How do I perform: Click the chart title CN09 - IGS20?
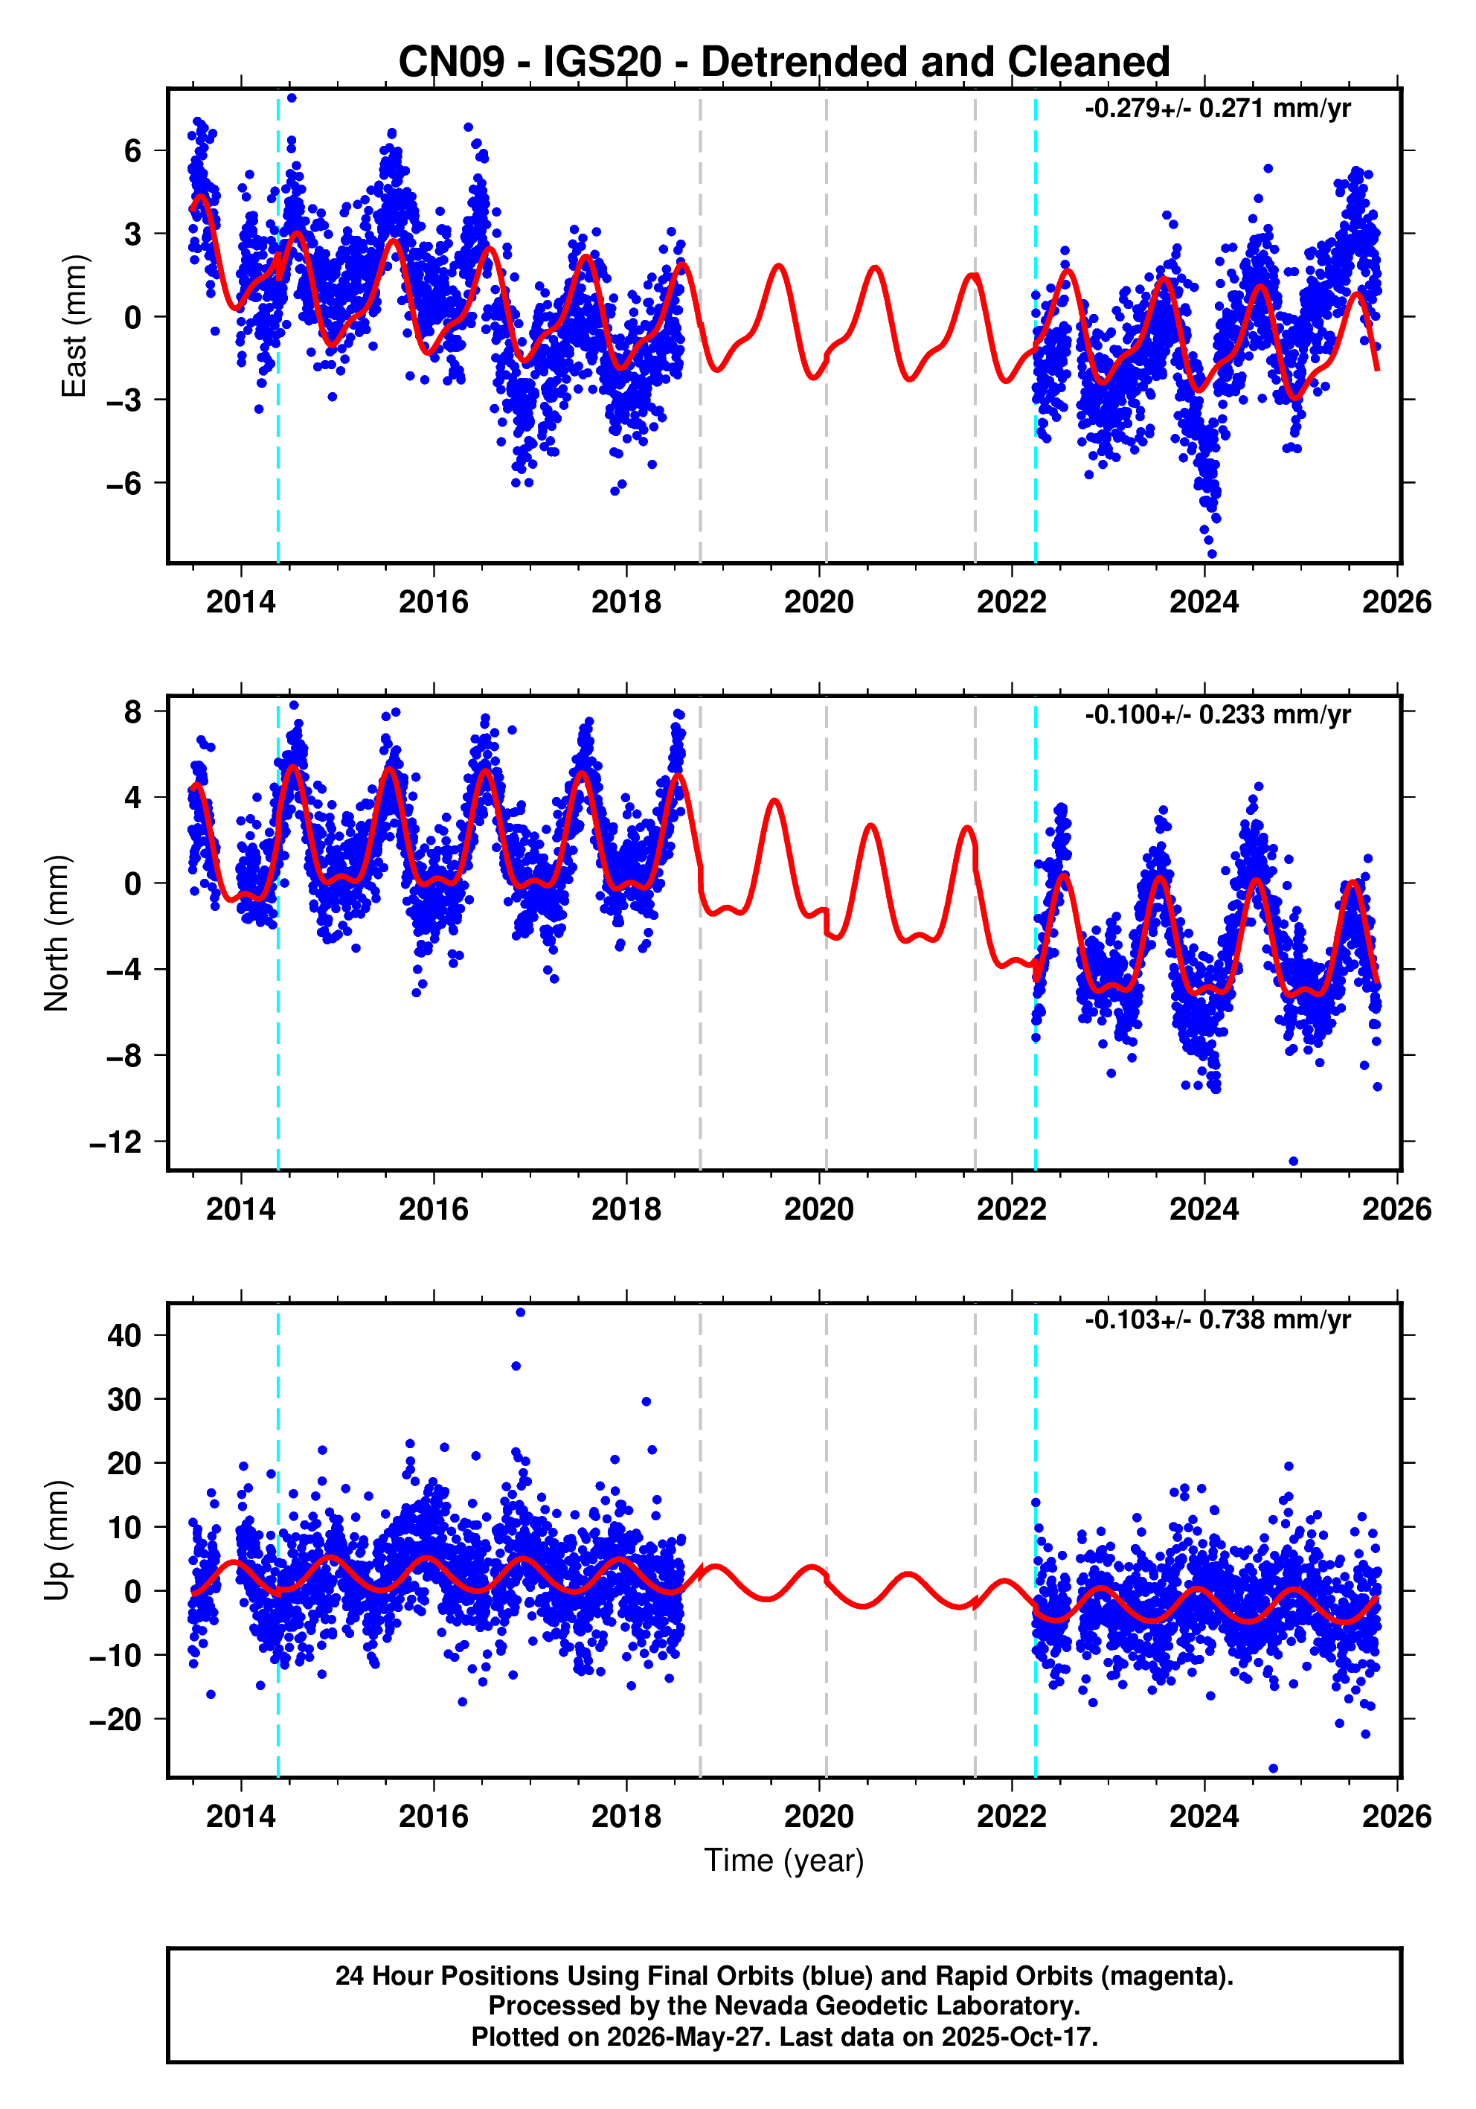coord(530,63)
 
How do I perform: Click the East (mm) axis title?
coord(74,326)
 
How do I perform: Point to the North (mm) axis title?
coord(56,933)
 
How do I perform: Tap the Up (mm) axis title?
coord(56,1540)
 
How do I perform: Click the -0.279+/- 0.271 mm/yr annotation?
coord(1218,109)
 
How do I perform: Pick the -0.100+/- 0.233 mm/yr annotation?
coord(1218,714)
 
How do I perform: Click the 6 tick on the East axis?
coord(133,150)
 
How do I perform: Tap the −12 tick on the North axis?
coord(116,1142)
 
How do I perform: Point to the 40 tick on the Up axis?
coord(125,1336)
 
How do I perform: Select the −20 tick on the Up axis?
coord(116,1720)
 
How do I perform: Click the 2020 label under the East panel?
coord(818,603)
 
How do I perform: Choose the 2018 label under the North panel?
coord(626,1209)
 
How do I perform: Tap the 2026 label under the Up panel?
coord(1396,1817)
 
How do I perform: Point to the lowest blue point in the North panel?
coord(1293,1161)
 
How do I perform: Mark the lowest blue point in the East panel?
coord(1211,554)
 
